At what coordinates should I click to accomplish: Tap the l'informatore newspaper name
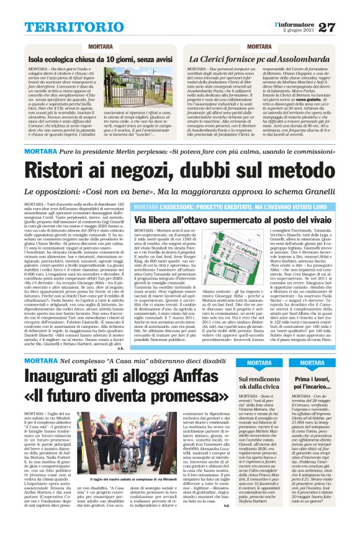(295, 24)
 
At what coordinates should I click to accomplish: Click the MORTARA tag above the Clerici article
(259, 47)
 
